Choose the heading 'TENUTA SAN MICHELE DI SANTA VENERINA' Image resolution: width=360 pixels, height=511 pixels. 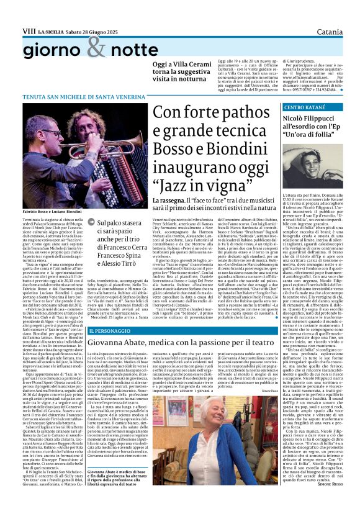pyautogui.click(x=76, y=98)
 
